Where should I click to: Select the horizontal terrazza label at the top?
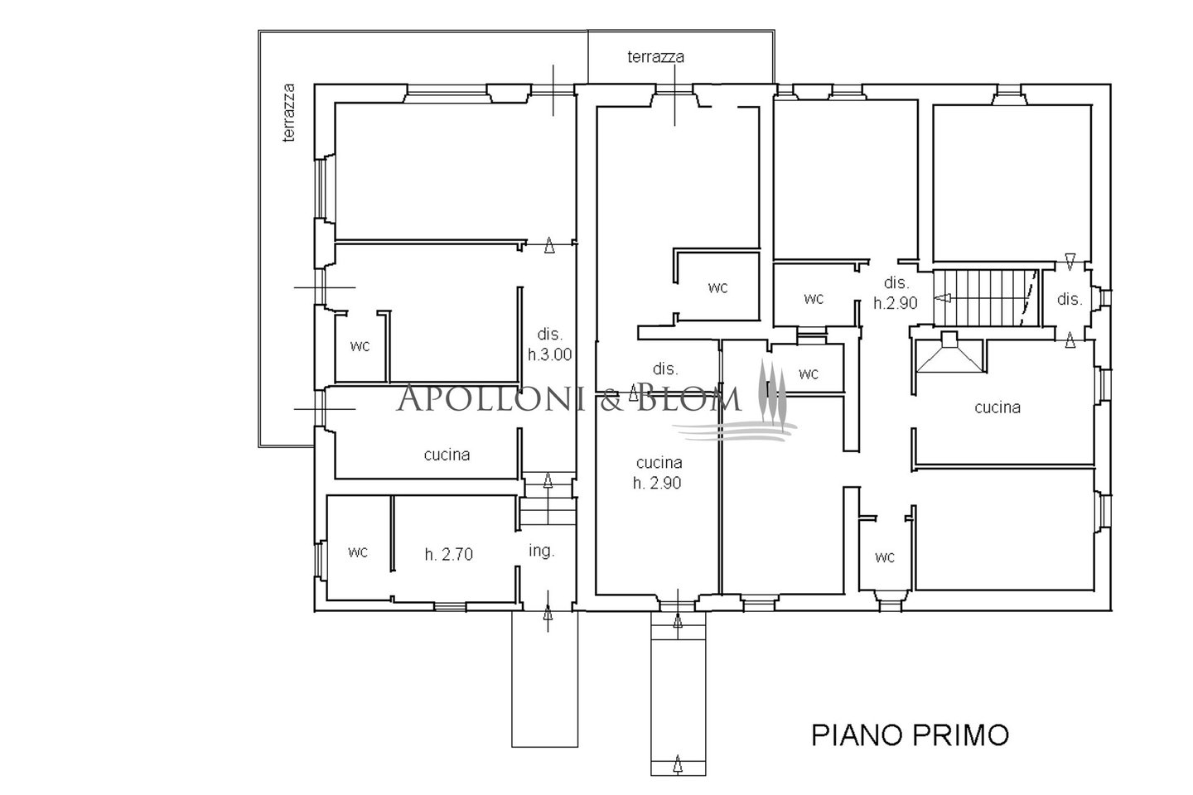pyautogui.click(x=655, y=57)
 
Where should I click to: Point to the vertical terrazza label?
pyautogui.click(x=288, y=113)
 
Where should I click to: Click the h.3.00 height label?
pyautogui.click(x=549, y=354)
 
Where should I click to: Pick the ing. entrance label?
pyautogui.click(x=542, y=552)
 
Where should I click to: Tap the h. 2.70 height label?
pyautogui.click(x=448, y=555)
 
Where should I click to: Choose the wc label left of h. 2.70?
pyautogui.click(x=358, y=552)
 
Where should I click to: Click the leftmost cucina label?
pyautogui.click(x=447, y=455)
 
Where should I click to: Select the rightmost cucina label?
pyautogui.click(x=997, y=408)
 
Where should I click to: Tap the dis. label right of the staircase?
pyautogui.click(x=1070, y=299)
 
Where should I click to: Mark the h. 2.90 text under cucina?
pyautogui.click(x=657, y=483)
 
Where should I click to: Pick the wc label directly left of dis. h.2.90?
pyautogui.click(x=814, y=299)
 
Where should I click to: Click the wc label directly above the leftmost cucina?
pyautogui.click(x=360, y=347)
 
